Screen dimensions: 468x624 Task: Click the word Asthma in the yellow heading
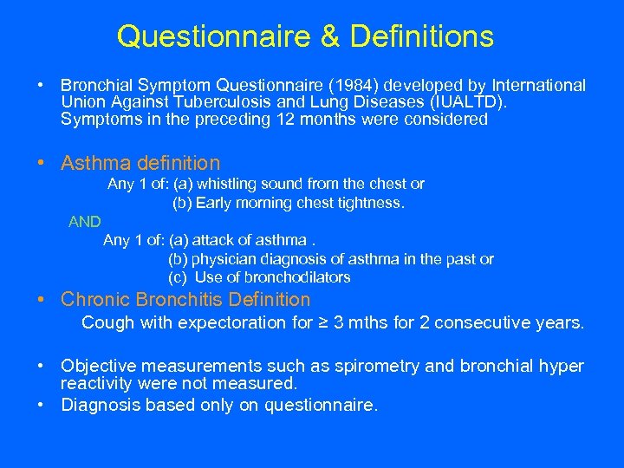point(95,163)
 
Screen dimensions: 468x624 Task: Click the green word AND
point(85,222)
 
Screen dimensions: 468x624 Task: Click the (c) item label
point(179,277)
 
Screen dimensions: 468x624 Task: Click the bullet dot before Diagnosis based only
point(42,404)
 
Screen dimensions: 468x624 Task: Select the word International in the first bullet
point(538,86)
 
